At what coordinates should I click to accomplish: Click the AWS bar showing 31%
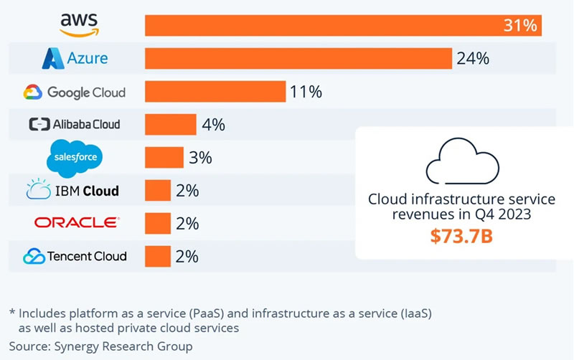[343, 25]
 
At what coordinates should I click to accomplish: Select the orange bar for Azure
[298, 58]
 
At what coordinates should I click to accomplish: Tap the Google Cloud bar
[215, 92]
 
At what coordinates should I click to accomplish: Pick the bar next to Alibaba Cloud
[171, 125]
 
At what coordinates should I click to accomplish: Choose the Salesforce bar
[164, 158]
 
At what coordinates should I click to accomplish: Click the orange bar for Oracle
[158, 223]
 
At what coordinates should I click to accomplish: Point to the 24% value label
[473, 59]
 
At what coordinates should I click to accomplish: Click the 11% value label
[306, 92]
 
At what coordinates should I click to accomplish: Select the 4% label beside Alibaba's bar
[213, 125]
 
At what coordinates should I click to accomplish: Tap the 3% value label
[200, 158]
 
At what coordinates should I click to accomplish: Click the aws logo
[79, 26]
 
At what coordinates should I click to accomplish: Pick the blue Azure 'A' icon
[53, 59]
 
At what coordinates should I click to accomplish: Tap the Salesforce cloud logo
[75, 158]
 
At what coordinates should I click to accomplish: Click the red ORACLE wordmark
[77, 223]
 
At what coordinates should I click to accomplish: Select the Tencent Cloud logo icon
[34, 256]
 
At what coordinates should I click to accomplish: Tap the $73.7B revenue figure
[462, 235]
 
